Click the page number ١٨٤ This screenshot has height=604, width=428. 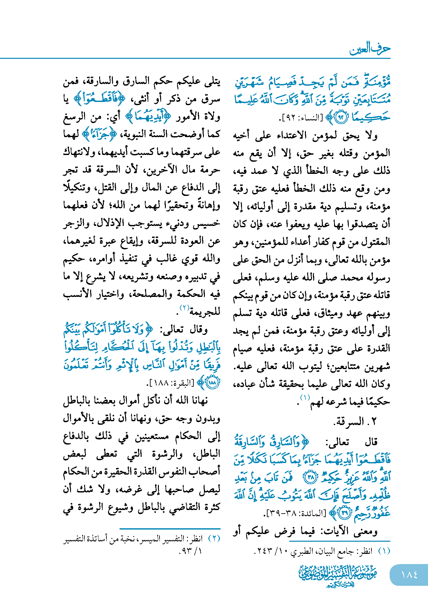409,575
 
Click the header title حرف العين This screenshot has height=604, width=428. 370,49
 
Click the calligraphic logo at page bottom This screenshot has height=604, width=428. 338,576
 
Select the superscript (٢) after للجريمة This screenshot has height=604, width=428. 185,308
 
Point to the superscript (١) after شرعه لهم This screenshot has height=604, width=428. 305,398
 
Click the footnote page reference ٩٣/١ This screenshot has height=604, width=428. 191,551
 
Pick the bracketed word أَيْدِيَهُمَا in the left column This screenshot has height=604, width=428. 148,116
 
